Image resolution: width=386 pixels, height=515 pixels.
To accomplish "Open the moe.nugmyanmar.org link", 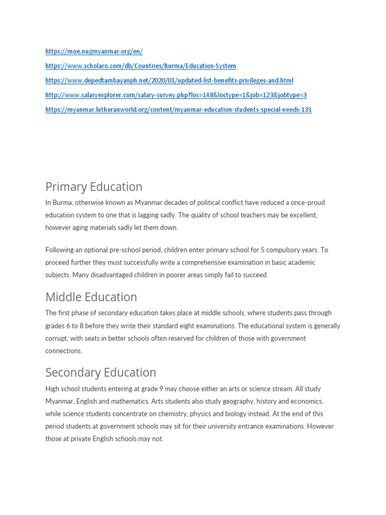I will click(94, 51).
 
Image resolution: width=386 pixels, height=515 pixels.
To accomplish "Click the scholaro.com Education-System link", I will click(141, 66).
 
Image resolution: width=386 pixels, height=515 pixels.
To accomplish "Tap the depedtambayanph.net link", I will click(169, 80).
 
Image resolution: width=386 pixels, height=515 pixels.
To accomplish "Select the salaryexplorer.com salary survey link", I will click(176, 95).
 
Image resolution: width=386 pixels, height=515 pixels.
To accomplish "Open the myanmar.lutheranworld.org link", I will click(178, 110).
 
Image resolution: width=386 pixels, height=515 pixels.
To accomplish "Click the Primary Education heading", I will click(94, 187).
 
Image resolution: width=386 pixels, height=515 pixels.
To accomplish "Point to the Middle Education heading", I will click(91, 297).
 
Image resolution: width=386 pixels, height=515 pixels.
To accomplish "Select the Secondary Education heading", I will click(101, 373).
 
